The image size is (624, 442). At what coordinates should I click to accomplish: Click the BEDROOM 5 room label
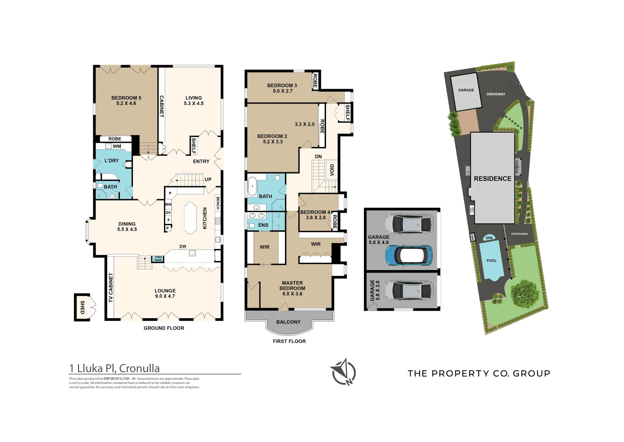point(126,98)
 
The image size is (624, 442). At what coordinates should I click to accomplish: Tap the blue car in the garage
point(408,255)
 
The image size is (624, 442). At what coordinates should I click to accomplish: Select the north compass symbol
point(343,372)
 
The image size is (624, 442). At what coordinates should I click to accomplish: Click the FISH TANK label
point(158,259)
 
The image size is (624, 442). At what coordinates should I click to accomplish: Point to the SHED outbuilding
point(82,307)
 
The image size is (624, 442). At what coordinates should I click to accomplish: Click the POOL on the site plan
point(491,261)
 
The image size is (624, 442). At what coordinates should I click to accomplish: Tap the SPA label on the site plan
point(489,238)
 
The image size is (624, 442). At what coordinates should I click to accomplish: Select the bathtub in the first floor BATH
point(252,187)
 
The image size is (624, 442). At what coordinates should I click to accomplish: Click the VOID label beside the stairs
point(332,170)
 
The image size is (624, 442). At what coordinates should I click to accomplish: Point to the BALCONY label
point(288,322)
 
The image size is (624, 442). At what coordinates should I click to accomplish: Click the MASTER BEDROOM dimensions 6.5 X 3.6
point(292,294)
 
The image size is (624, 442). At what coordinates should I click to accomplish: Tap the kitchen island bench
point(190,218)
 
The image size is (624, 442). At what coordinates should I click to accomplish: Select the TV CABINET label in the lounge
point(111,288)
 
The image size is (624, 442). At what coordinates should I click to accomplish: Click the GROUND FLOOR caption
point(164,328)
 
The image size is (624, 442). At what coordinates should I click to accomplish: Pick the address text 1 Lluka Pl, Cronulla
point(114,368)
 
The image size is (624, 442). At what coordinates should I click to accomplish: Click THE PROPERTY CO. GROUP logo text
point(479,373)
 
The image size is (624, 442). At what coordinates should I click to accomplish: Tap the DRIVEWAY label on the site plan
point(496,94)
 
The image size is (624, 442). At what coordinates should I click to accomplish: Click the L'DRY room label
point(111,161)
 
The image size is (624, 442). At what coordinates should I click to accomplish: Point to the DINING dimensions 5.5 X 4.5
point(127,230)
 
